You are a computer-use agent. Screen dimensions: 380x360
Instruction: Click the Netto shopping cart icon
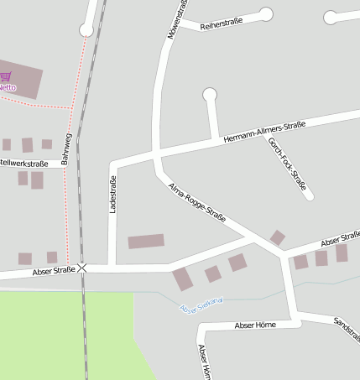(6, 75)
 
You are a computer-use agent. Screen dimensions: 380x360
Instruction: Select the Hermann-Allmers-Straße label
(264, 132)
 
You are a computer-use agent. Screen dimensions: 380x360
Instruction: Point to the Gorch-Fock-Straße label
(286, 164)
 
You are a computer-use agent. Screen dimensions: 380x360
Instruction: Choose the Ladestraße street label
(112, 193)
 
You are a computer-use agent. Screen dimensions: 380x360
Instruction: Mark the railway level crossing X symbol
(82, 268)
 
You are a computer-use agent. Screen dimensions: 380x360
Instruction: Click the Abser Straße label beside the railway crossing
(54, 271)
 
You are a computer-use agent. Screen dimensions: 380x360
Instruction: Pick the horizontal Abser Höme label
(255, 325)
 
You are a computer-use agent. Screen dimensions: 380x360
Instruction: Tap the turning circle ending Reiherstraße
(266, 13)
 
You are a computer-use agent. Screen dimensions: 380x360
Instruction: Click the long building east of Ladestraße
(146, 242)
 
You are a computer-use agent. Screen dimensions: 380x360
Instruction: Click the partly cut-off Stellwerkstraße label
(23, 163)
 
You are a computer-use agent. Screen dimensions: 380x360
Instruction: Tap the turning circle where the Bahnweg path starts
(86, 30)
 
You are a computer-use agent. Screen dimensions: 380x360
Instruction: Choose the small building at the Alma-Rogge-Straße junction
(277, 237)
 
